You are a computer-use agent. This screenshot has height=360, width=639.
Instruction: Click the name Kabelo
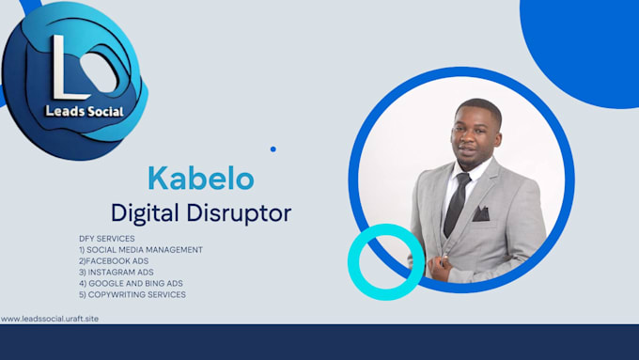point(201,179)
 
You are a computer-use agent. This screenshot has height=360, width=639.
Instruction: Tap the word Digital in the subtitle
point(145,213)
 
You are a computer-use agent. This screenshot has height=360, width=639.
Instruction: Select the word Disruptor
point(239,213)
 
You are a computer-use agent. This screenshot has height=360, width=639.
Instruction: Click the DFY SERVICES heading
point(107,239)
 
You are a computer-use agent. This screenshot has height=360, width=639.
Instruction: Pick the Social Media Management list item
point(141,249)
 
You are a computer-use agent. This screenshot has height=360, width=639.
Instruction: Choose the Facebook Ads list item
point(114,261)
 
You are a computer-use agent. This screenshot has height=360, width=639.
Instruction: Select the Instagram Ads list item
point(117,272)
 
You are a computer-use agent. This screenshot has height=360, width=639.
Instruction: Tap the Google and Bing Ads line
point(131,283)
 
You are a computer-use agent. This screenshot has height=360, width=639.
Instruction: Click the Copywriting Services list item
point(132,294)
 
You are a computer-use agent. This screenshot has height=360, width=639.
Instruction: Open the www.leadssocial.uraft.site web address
point(49,319)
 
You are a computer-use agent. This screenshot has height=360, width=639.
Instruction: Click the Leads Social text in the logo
point(85,111)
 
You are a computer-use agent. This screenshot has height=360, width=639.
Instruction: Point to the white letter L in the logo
point(68,68)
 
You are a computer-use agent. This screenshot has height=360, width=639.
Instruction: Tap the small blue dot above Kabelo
point(273,149)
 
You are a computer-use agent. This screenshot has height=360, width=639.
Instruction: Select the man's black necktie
point(457,204)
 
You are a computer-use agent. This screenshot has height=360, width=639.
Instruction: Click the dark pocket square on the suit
point(481,213)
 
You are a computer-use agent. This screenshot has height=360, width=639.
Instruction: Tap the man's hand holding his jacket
point(440,268)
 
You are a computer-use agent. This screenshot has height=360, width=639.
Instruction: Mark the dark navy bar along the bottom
point(319,342)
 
